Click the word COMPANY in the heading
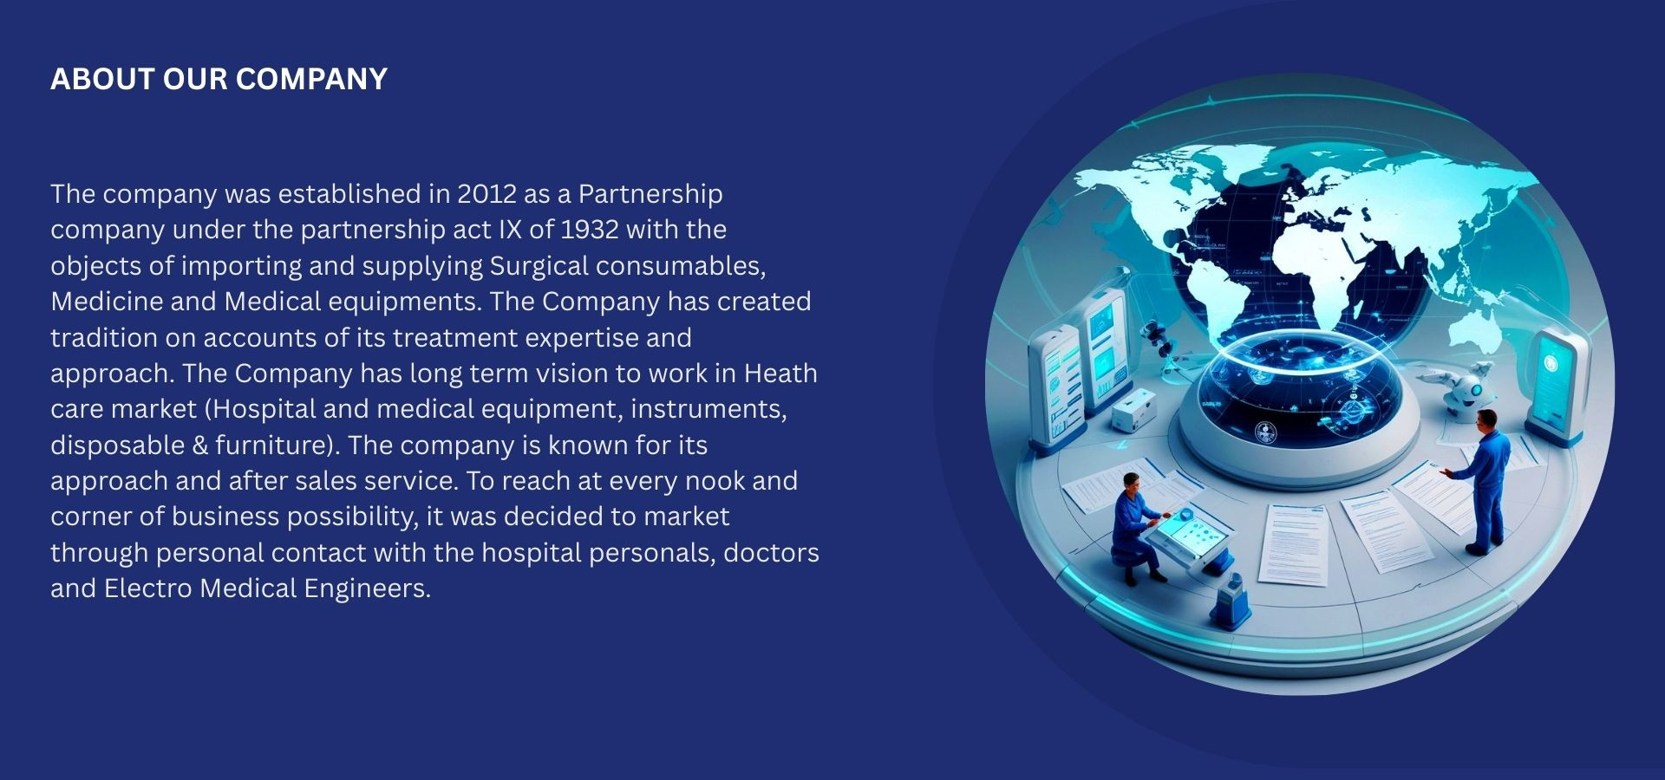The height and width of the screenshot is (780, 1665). [311, 79]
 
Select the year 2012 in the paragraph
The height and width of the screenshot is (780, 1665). [486, 193]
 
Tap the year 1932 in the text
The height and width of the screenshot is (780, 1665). [590, 230]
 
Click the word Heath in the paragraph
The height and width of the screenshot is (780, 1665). [780, 374]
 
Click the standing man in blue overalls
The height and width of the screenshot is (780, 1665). [1485, 482]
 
